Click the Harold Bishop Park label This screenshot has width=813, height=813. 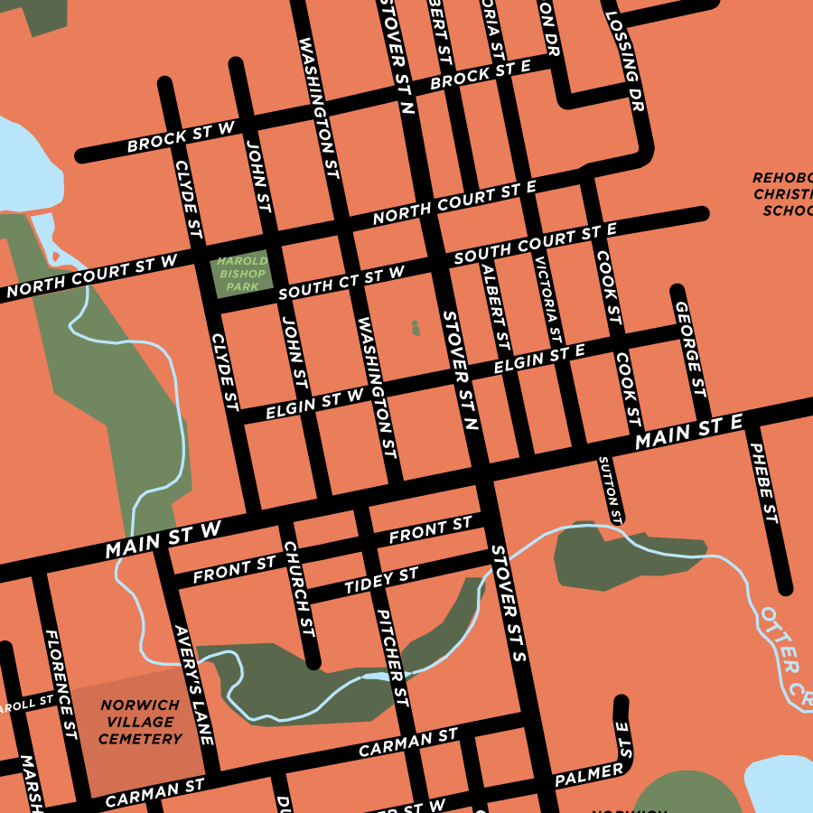[241, 274]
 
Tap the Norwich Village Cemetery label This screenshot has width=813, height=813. [140, 722]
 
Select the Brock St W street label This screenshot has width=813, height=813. [181, 139]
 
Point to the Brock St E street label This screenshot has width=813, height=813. [480, 76]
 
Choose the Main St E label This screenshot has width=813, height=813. [688, 433]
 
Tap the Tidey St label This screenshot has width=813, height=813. [381, 581]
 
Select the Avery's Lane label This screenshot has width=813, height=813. [193, 685]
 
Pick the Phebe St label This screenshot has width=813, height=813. [763, 482]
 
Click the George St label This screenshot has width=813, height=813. [690, 349]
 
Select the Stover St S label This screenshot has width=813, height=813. [509, 603]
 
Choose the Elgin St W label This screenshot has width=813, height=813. [314, 404]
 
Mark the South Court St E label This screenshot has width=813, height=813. [535, 242]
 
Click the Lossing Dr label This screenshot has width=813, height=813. [625, 61]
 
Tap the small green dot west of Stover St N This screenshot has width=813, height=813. [416, 328]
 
